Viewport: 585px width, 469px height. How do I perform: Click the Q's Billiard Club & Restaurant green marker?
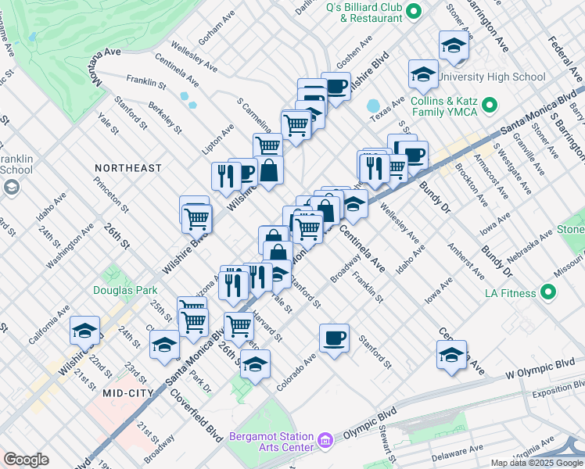pos(415,11)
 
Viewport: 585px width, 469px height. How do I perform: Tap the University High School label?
pos(491,77)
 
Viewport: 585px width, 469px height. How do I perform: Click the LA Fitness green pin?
pos(548,293)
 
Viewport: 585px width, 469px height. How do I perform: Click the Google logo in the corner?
pos(26,459)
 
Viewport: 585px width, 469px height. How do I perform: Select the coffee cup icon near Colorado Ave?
pos(335,338)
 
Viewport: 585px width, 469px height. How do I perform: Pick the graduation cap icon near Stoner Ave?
pos(454,46)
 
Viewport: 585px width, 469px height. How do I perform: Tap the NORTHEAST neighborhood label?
pos(128,168)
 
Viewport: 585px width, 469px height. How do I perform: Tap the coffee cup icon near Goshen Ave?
pos(336,87)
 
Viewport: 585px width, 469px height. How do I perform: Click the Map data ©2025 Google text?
pos(536,463)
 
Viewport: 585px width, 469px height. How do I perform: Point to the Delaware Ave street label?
pos(460,453)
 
